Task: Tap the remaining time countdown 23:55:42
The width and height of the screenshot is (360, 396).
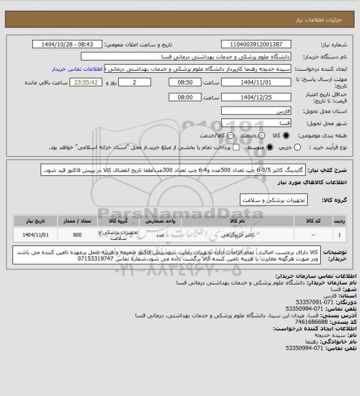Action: point(89,82)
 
